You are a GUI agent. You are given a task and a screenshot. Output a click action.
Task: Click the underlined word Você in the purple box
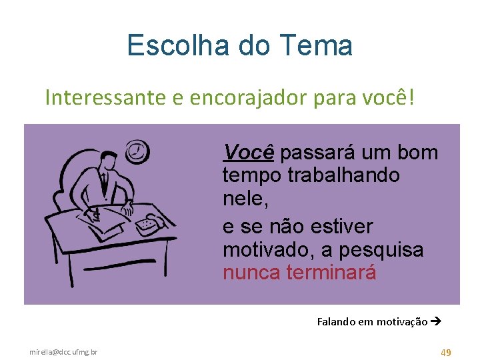point(249,153)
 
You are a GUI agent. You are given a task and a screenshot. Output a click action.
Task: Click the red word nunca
point(251,273)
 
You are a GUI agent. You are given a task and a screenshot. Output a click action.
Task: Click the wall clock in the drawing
point(138,151)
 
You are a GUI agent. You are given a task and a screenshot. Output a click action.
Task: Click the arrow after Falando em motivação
point(437,321)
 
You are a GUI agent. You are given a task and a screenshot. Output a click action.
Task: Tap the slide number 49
point(445,351)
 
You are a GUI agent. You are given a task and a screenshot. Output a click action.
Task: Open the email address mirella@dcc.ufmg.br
point(63,352)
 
